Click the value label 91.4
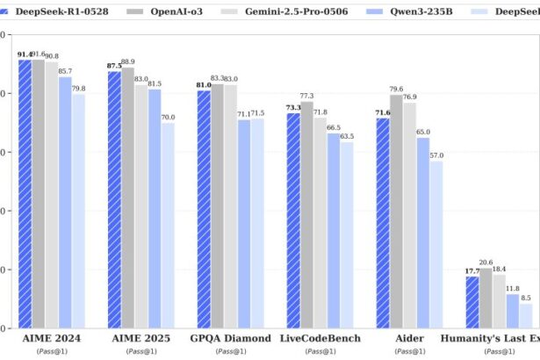(24, 54)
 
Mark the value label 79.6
(396, 89)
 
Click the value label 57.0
(436, 155)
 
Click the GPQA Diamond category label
(230, 338)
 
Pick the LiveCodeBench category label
(320, 338)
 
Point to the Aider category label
(409, 338)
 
